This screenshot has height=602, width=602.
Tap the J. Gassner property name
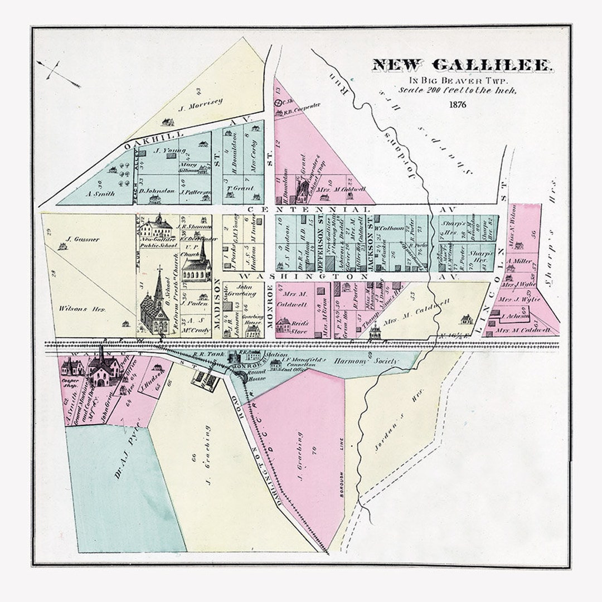82,240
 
